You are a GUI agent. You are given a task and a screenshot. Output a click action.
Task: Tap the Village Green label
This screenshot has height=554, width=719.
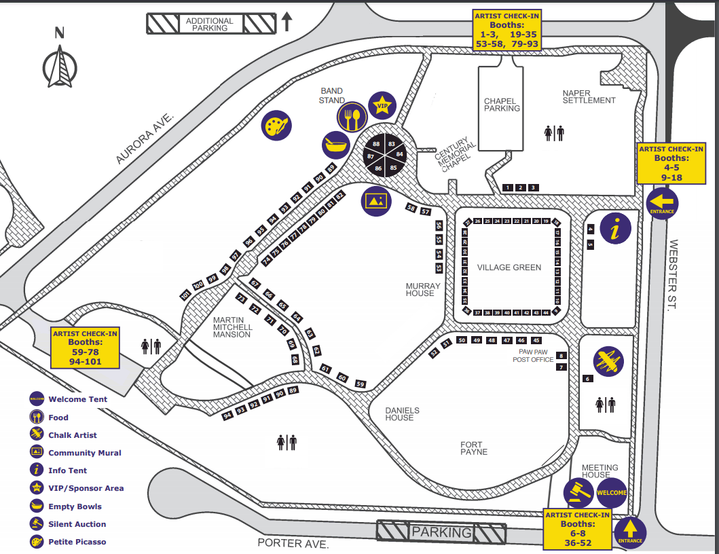pos(509,267)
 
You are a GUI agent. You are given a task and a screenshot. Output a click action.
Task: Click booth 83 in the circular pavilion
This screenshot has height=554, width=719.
pos(392,144)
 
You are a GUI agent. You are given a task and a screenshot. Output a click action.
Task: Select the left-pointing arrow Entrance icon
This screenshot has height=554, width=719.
pos(662,202)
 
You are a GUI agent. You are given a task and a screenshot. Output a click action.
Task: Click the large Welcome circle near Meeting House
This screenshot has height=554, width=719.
pos(611,493)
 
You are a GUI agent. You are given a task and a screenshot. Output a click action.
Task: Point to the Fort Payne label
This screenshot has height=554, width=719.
pos(473,448)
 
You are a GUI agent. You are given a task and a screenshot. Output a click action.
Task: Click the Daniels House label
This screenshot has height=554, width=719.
pos(403,414)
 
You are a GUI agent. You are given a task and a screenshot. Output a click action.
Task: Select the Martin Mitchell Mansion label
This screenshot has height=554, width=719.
pos(232,327)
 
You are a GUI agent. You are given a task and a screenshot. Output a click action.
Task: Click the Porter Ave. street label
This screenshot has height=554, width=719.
pos(293,544)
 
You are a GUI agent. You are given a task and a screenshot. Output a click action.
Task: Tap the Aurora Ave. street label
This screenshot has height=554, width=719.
pos(146,138)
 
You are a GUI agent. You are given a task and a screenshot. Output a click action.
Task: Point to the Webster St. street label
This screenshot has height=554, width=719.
pos(674,274)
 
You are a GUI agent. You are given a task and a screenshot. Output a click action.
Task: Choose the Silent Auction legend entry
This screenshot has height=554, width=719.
pos(77,524)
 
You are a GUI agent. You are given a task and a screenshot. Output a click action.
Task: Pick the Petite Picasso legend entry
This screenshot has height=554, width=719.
pos(77,542)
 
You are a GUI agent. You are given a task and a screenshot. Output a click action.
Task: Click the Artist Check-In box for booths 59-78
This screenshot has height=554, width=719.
pos(85,348)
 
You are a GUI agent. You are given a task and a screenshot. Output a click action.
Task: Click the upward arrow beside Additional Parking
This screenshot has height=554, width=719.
pos(287,22)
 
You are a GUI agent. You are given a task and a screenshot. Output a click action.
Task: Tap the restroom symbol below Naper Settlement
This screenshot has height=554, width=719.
pos(554,132)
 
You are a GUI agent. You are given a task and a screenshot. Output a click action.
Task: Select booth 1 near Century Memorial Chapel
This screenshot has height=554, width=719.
pos(507,187)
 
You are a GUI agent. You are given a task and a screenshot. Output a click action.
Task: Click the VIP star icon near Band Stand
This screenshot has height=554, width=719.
pos(382,105)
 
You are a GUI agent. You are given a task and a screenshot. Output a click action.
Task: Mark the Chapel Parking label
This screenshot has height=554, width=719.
pos(502,105)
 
